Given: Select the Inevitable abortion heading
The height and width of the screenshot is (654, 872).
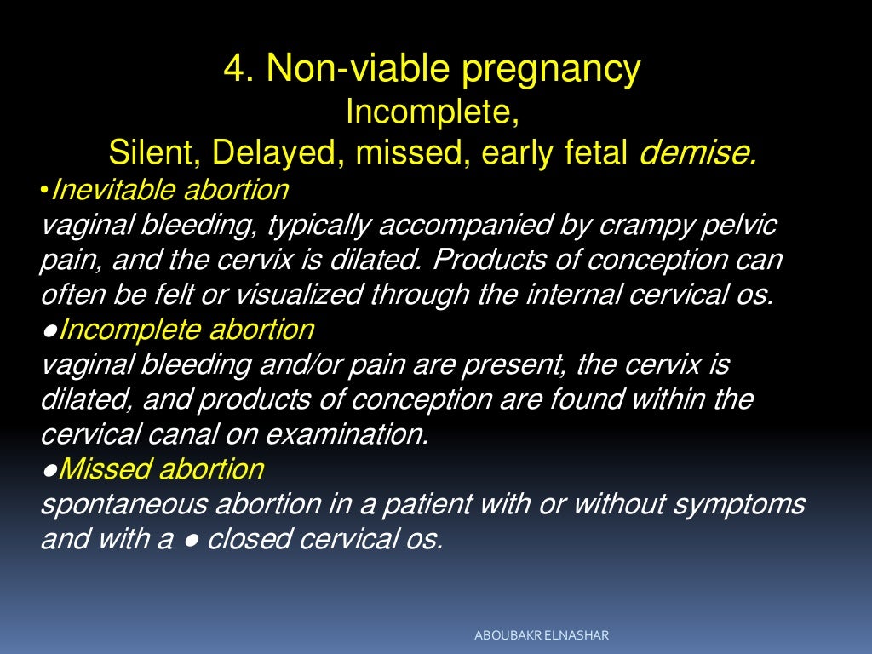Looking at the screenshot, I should [x=169, y=189].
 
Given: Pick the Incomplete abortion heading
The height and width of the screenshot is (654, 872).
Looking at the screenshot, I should [x=186, y=330].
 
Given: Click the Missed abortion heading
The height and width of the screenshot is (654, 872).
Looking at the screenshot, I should [x=162, y=469].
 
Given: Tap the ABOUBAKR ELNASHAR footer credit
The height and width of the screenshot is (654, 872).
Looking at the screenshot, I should [x=542, y=636].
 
